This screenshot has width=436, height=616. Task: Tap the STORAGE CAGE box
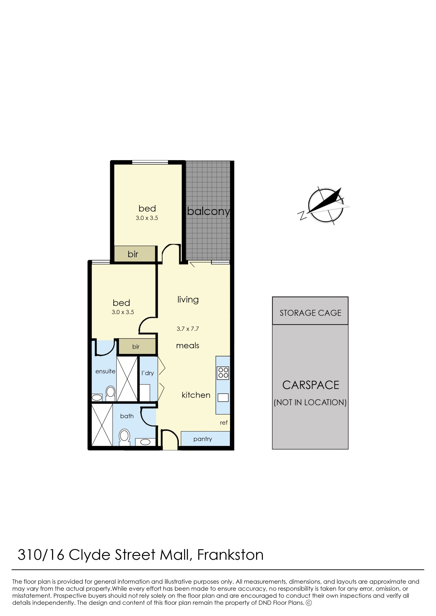310,311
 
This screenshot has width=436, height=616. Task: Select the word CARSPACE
311,385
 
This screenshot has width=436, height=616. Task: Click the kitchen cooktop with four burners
223,373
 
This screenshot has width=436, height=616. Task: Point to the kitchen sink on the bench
223,398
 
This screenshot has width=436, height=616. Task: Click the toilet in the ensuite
110,393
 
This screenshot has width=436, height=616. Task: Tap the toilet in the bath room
124,437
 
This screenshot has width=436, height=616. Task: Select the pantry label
203,439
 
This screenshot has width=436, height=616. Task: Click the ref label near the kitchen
224,423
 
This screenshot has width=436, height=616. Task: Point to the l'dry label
148,373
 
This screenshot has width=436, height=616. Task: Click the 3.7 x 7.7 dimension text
188,329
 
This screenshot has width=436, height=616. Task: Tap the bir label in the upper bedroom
133,254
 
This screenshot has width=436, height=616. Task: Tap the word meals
188,346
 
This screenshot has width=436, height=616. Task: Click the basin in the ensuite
97,397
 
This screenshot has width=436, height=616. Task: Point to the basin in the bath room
145,442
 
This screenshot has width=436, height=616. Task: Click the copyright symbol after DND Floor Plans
309,603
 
